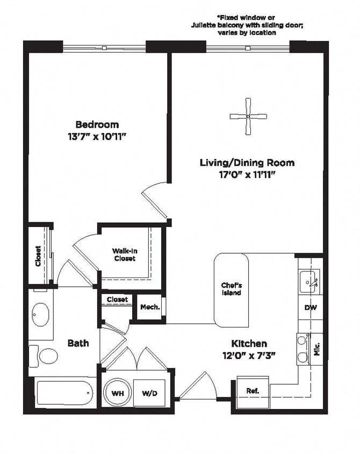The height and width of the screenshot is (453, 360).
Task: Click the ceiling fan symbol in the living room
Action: tap(248, 116)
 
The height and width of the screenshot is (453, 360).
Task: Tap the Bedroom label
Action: tap(97, 125)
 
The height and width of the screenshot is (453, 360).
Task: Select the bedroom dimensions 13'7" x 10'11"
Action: tap(97, 136)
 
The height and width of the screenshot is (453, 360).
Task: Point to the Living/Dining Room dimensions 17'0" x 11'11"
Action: tap(247, 174)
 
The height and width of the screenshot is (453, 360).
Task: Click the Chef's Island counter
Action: tap(232, 289)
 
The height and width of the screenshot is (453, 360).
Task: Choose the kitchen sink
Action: tap(309, 280)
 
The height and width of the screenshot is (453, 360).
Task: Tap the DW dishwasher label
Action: tap(309, 308)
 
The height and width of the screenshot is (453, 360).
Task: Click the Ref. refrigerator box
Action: tap(253, 391)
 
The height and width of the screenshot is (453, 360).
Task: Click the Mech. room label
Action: tap(148, 308)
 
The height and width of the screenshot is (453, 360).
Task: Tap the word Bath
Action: tap(78, 342)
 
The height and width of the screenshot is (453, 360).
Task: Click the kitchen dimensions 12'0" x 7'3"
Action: tap(249, 355)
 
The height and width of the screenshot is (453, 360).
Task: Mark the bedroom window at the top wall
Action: tap(105, 48)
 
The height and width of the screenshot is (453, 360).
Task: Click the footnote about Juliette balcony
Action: tap(247, 25)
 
